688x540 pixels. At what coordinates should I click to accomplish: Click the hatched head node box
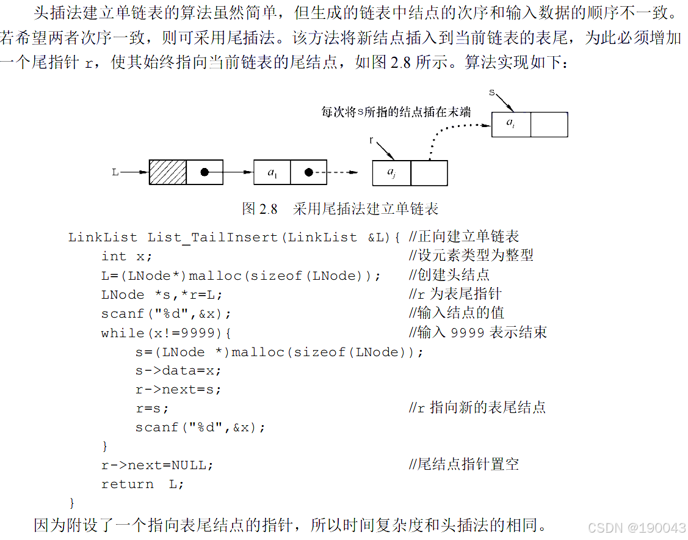[168, 173]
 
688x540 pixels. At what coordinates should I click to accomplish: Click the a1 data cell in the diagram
[272, 173]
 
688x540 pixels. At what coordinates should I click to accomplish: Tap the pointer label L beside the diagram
[115, 173]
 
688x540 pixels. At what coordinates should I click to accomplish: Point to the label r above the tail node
[371, 140]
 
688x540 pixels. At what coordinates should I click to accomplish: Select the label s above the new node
[492, 92]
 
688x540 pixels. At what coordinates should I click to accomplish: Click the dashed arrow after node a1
[342, 173]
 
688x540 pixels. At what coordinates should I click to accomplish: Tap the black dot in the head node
[205, 173]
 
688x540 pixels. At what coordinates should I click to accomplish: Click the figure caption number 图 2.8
[259, 209]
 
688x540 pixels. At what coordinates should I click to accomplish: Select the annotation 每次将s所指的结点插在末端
[396, 112]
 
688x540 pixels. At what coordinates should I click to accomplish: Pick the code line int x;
[126, 257]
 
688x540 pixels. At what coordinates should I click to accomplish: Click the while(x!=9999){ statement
[166, 333]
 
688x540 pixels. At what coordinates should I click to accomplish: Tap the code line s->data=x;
[178, 371]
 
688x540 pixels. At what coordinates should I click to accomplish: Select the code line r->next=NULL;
[158, 465]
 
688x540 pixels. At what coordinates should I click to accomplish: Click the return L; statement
[142, 484]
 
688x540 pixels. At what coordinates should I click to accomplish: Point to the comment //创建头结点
[449, 275]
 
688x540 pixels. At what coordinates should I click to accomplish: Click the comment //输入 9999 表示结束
[477, 333]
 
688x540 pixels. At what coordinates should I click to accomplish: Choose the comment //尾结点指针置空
[463, 465]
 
